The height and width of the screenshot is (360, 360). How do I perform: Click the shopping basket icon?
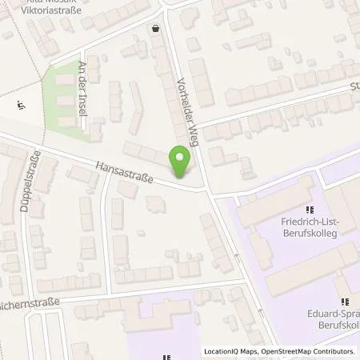tap(154, 28)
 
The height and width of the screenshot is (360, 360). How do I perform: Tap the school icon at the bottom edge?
tap(166, 357)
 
